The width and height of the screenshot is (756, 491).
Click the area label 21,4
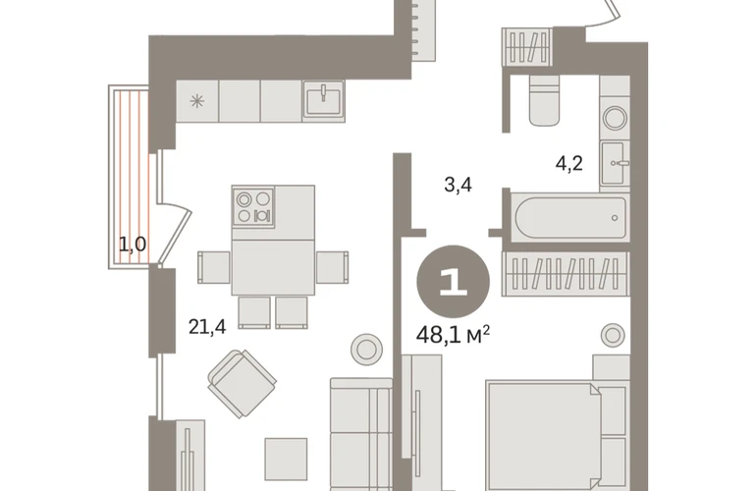click(207, 327)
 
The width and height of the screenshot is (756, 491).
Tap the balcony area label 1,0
click(133, 245)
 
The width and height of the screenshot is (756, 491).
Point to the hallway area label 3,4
click(459, 185)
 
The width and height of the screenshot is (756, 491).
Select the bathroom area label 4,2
click(568, 164)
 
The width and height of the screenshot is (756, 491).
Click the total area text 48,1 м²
click(454, 334)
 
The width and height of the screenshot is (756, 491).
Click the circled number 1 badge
click(454, 281)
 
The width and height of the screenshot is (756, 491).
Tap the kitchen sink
click(324, 100)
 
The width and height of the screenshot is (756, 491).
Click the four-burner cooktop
click(253, 206)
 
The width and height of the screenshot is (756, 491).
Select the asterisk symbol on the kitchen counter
click(196, 101)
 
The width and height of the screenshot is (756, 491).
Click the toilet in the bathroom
click(544, 100)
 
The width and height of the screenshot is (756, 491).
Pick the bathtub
click(570, 218)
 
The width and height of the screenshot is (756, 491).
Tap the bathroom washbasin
click(616, 163)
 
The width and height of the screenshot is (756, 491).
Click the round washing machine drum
click(616, 118)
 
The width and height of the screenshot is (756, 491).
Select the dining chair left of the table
click(214, 267)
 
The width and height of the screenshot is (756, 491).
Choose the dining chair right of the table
click(332, 267)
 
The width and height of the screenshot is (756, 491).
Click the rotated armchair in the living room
click(243, 383)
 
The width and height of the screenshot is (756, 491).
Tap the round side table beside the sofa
click(366, 350)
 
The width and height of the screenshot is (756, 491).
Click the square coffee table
click(286, 460)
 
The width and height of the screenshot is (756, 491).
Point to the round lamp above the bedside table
click(613, 335)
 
